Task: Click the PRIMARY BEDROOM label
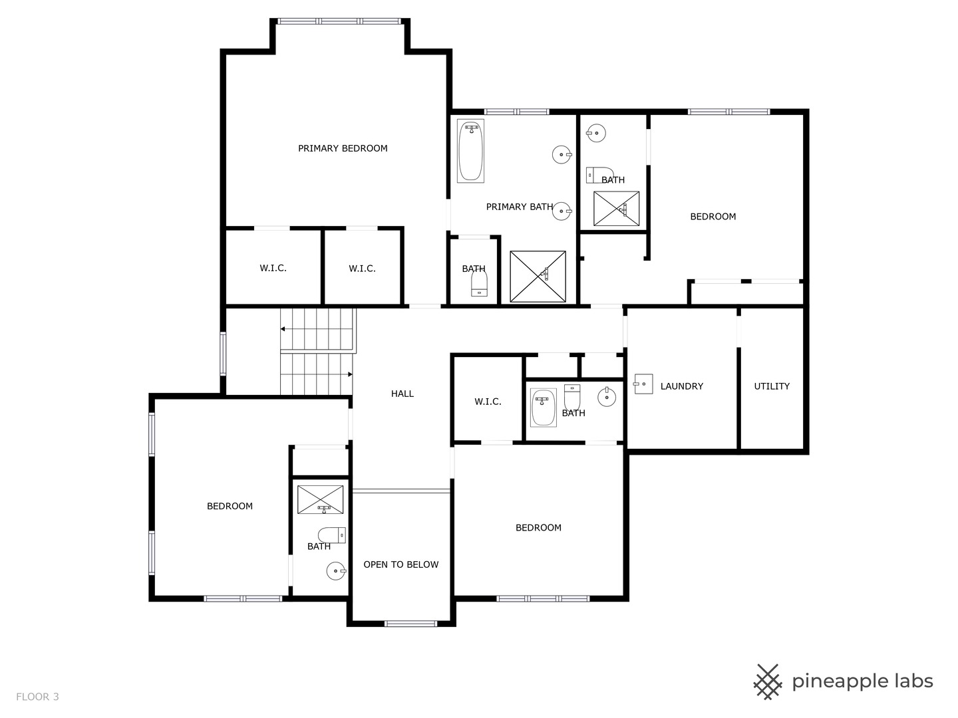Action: [x=343, y=148]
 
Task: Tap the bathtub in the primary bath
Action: [x=470, y=151]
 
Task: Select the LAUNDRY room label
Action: [x=682, y=386]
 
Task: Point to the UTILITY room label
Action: [x=772, y=386]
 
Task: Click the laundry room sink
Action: [x=643, y=384]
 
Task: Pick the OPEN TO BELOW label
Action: [x=400, y=564]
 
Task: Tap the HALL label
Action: [x=402, y=394]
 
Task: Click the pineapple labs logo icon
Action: [x=768, y=682]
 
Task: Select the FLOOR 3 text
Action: [x=37, y=697]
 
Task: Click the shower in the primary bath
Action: [x=538, y=277]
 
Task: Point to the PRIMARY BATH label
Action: [x=520, y=207]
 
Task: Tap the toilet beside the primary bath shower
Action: [x=479, y=283]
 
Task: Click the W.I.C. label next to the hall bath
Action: [x=488, y=402]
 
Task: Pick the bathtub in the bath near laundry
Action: [x=544, y=408]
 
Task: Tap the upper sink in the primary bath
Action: [x=562, y=154]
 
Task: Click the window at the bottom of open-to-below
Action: [x=410, y=624]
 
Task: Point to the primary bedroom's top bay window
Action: [x=339, y=21]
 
